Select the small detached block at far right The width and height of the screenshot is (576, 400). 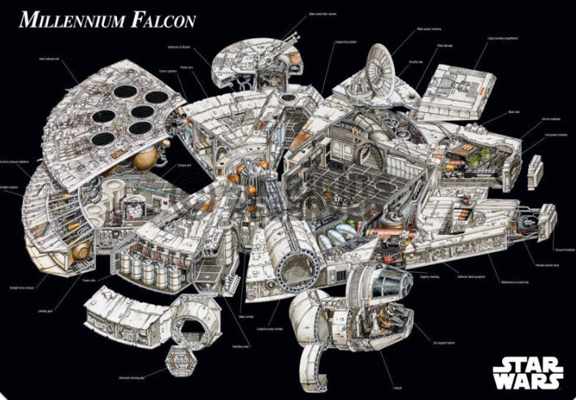pos(536,173)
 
